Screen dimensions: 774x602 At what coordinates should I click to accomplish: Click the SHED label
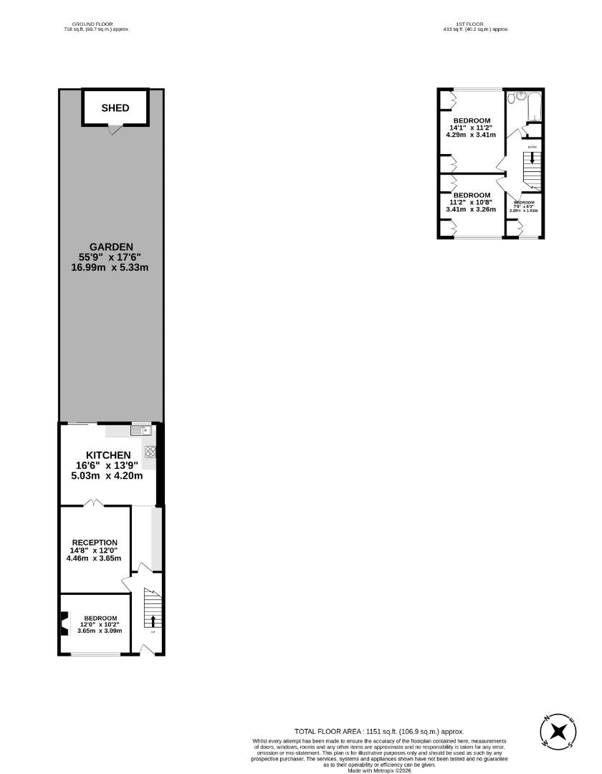(x=115, y=108)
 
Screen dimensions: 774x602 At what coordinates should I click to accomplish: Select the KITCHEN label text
(x=108, y=455)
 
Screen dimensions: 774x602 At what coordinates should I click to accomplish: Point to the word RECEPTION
(x=95, y=543)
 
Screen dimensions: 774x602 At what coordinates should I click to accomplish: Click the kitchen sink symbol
(x=140, y=431)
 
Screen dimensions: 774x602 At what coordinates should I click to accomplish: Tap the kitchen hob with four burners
(x=150, y=451)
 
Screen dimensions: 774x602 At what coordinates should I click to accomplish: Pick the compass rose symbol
(x=558, y=731)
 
